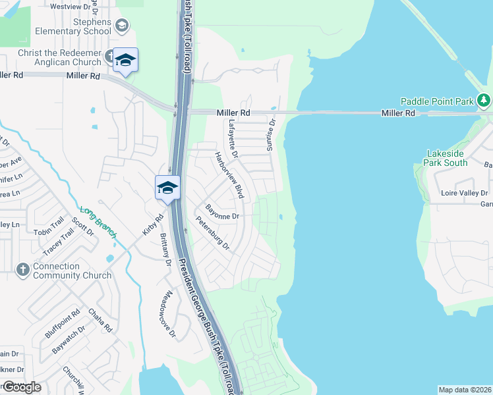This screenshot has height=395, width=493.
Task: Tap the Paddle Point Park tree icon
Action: tap(484, 101)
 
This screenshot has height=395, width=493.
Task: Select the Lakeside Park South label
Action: tap(446, 157)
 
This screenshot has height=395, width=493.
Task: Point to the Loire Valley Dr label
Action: tap(465, 193)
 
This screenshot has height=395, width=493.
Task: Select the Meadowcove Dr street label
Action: tap(168, 315)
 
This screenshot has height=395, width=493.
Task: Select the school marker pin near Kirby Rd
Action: tap(167, 188)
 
